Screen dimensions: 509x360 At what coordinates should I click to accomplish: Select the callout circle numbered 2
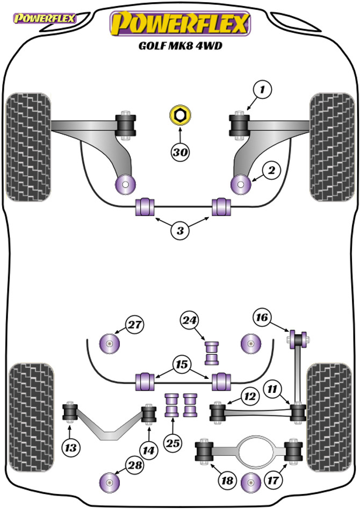(x=270, y=171)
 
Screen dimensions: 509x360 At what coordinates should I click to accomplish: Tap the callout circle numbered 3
(x=180, y=231)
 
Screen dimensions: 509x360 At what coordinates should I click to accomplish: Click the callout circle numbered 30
(x=181, y=153)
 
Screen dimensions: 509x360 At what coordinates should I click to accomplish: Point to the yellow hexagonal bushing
(x=180, y=115)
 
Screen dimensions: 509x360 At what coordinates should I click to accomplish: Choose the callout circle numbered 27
(x=135, y=324)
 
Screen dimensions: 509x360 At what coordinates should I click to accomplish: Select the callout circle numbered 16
(x=261, y=318)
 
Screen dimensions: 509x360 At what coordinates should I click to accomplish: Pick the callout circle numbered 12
(x=248, y=397)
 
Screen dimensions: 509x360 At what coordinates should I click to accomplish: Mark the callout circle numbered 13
(x=71, y=446)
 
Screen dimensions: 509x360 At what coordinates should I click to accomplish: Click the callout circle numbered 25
(x=171, y=443)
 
